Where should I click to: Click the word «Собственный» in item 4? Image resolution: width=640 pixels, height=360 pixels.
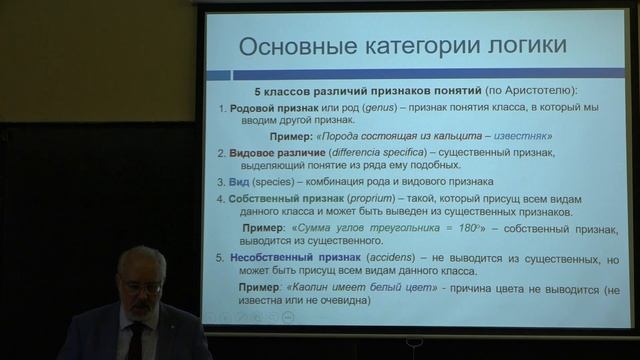[x=268, y=198]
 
